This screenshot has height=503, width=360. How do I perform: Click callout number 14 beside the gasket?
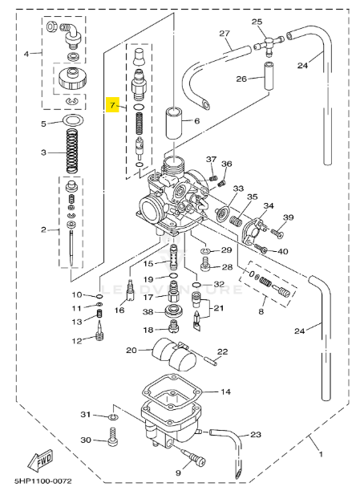pyautogui.click(x=224, y=391)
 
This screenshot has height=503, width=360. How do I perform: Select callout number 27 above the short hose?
pyautogui.click(x=224, y=33)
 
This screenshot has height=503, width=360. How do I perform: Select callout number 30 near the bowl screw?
pyautogui.click(x=86, y=440)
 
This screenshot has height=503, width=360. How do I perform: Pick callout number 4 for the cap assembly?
pyautogui.click(x=26, y=54)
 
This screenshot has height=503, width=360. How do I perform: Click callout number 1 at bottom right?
pyautogui.click(x=322, y=455)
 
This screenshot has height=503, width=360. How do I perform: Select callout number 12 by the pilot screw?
pyautogui.click(x=76, y=340)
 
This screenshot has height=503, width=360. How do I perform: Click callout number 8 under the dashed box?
pyautogui.click(x=261, y=310)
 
